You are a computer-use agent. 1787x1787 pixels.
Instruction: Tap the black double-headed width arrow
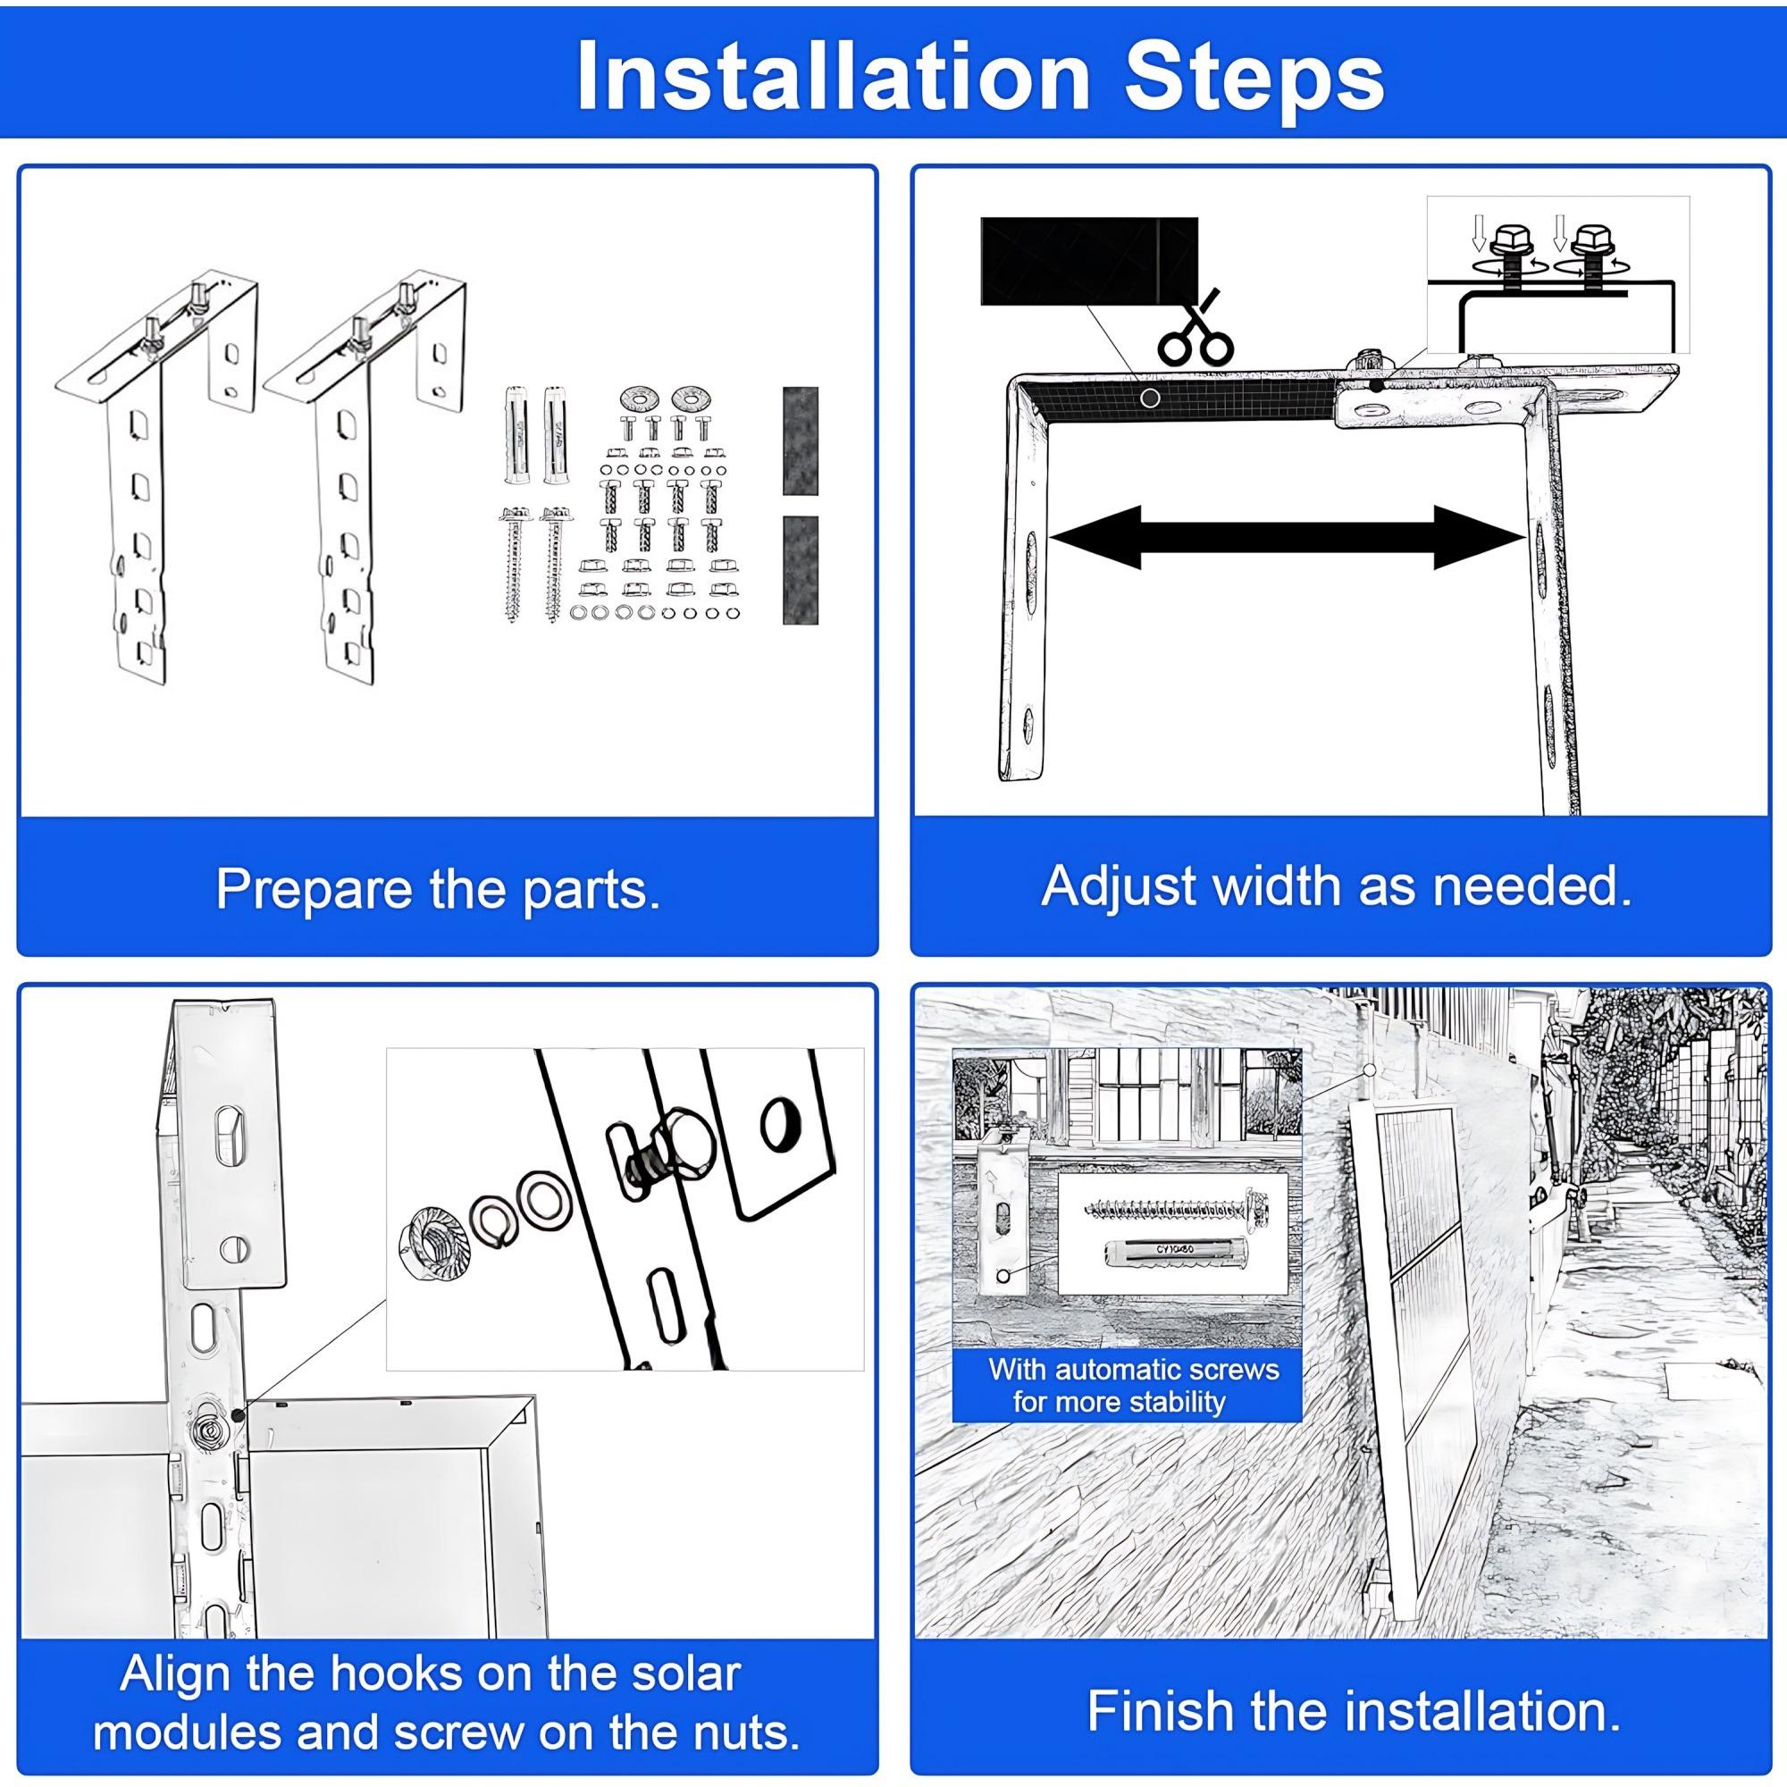point(1287,537)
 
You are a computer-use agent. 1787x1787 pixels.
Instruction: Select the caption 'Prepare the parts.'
point(438,889)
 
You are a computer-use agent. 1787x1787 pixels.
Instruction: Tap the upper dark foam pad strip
point(800,440)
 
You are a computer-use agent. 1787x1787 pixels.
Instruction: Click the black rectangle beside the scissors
point(1087,261)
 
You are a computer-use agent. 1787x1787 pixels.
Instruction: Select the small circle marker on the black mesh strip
point(1150,398)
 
